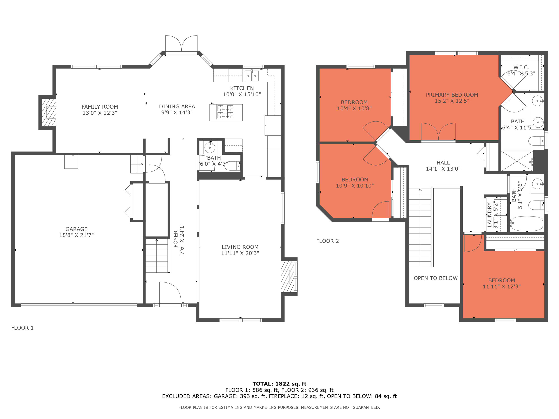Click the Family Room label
[x=100, y=107]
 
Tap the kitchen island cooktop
[x=225, y=112]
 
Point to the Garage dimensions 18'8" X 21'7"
[x=76, y=235]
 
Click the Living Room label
[x=240, y=247]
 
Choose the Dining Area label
[x=177, y=107]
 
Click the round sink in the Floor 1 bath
[x=210, y=147]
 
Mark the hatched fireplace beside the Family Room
[x=49, y=112]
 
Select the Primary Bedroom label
[x=452, y=95]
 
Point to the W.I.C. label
[x=521, y=67]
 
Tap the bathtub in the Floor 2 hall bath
[x=526, y=223]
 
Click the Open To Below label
[x=435, y=278]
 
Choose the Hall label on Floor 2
[x=443, y=163]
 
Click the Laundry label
[x=489, y=215]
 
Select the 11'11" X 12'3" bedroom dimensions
[x=502, y=286]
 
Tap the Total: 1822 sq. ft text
[x=279, y=384]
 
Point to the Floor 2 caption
[x=327, y=241]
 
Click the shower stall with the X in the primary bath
[x=517, y=161]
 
